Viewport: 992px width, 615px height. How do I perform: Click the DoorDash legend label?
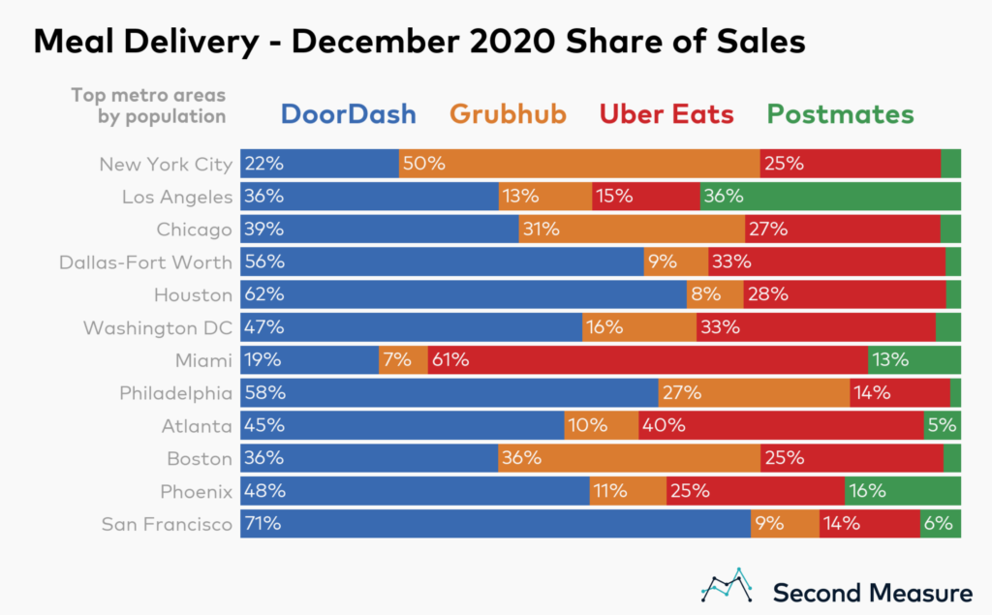coord(348,114)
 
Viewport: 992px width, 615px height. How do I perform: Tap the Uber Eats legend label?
coord(666,114)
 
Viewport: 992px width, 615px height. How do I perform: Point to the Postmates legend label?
coord(839,114)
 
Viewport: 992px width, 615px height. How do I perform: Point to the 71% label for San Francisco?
coord(263,525)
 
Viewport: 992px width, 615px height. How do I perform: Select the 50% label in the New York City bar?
coord(423,164)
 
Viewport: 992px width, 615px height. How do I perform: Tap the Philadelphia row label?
coord(175,393)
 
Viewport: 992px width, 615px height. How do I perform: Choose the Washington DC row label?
coord(158,327)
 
